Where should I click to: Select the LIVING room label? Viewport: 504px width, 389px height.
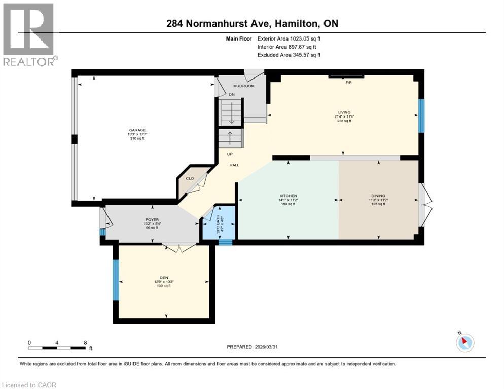pyautogui.click(x=344, y=112)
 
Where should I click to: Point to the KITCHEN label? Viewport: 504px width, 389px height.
pyautogui.click(x=288, y=196)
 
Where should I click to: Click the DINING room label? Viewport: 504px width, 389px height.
pyautogui.click(x=378, y=196)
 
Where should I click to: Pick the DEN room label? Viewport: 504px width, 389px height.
pyautogui.click(x=163, y=277)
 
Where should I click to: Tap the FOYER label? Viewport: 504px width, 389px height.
pyautogui.click(x=152, y=220)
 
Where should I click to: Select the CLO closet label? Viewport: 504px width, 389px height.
pyautogui.click(x=189, y=178)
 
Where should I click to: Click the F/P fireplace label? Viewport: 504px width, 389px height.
pyautogui.click(x=348, y=82)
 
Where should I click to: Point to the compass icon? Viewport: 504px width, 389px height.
pyautogui.click(x=464, y=342)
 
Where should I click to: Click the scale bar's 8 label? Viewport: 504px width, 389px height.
pyautogui.click(x=85, y=342)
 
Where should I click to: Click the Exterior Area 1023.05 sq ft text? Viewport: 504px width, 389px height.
pyautogui.click(x=289, y=38)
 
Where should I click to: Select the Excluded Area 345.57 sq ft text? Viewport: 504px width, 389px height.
pyautogui.click(x=289, y=55)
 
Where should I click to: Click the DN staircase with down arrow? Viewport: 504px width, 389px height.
pyautogui.click(x=232, y=112)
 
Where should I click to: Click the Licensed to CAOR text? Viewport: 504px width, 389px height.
pyautogui.click(x=29, y=385)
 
